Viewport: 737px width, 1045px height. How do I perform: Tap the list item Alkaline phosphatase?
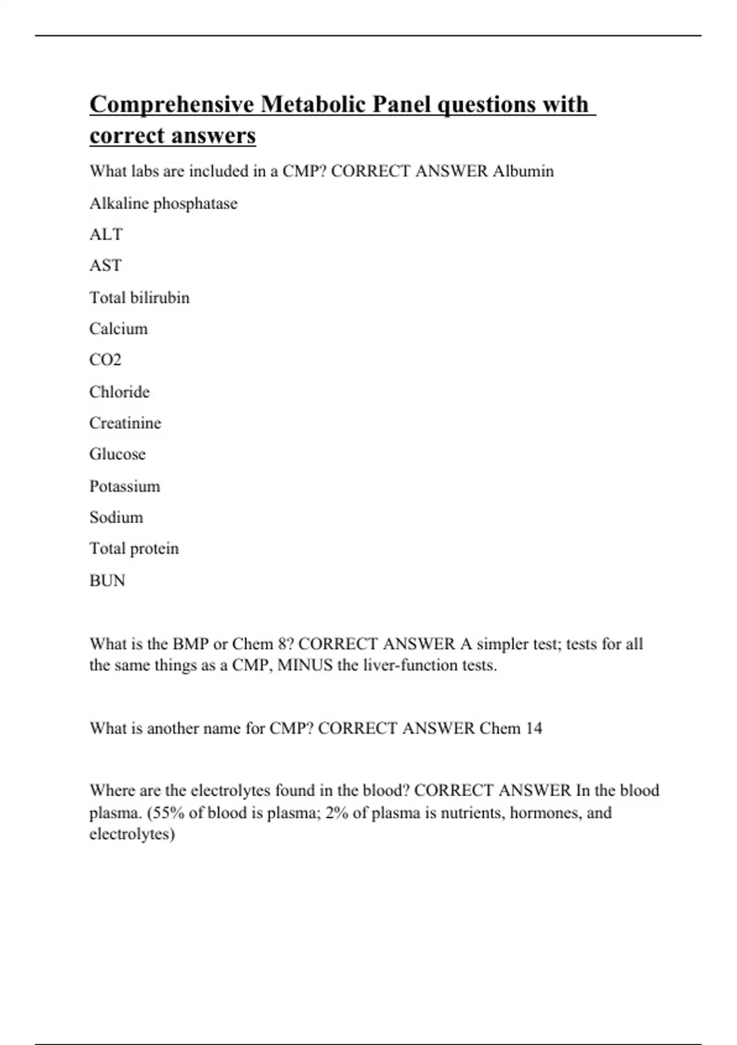click(163, 203)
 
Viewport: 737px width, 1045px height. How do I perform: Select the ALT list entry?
click(106, 234)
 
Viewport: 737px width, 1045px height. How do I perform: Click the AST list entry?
click(105, 266)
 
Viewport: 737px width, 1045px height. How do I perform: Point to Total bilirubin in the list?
click(139, 298)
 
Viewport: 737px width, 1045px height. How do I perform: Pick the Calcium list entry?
click(119, 329)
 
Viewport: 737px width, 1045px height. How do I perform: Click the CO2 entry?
click(105, 360)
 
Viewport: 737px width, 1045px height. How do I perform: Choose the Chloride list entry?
click(119, 392)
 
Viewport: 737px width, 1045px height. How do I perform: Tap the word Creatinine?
click(125, 423)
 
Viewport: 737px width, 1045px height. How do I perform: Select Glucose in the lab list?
click(117, 454)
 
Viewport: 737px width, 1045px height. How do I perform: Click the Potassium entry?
click(125, 486)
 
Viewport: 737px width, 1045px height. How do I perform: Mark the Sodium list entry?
click(116, 518)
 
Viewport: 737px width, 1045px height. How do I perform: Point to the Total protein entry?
click(134, 548)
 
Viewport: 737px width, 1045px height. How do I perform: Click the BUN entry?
click(107, 580)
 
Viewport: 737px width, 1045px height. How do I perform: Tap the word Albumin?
click(523, 171)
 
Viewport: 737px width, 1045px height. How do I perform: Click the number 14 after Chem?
click(534, 728)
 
